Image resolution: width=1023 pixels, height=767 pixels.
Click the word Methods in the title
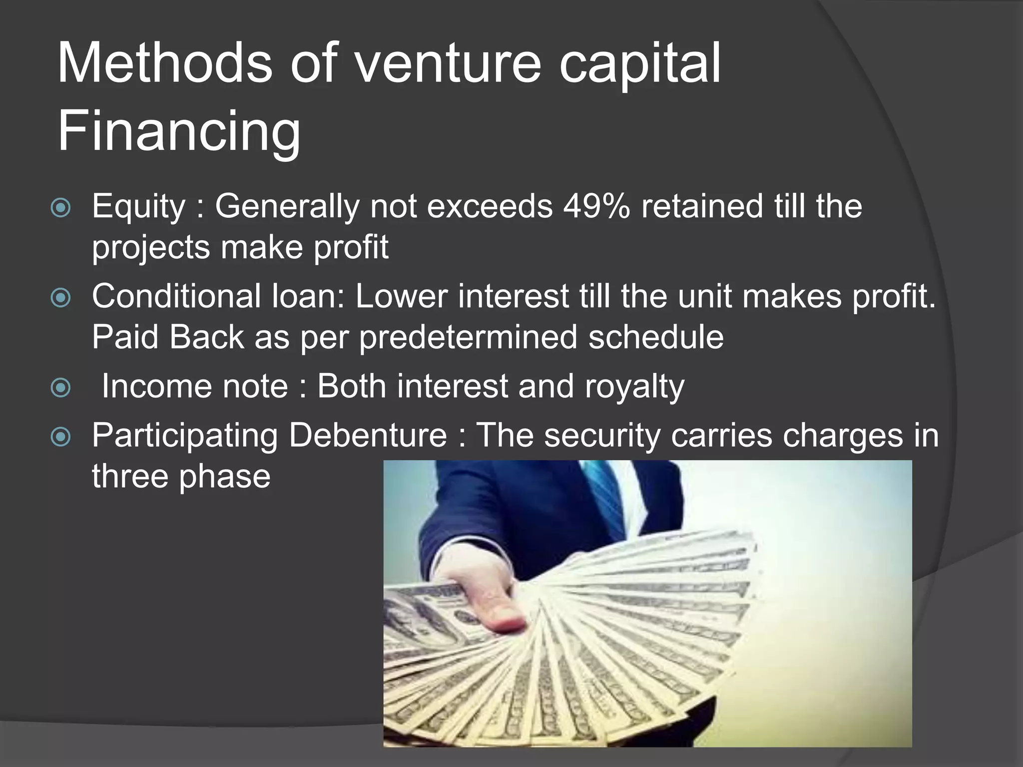165,64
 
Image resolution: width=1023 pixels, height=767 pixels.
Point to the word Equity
138,207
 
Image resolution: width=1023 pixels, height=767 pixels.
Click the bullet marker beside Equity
61,208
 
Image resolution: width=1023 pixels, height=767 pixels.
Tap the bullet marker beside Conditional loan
61,298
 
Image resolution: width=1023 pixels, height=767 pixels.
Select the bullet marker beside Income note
61,387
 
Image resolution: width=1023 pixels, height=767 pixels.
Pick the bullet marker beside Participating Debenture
61,437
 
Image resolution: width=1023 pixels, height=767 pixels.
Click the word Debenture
368,435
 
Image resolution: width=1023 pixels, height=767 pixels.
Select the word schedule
656,337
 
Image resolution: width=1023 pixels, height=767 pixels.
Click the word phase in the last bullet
224,476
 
